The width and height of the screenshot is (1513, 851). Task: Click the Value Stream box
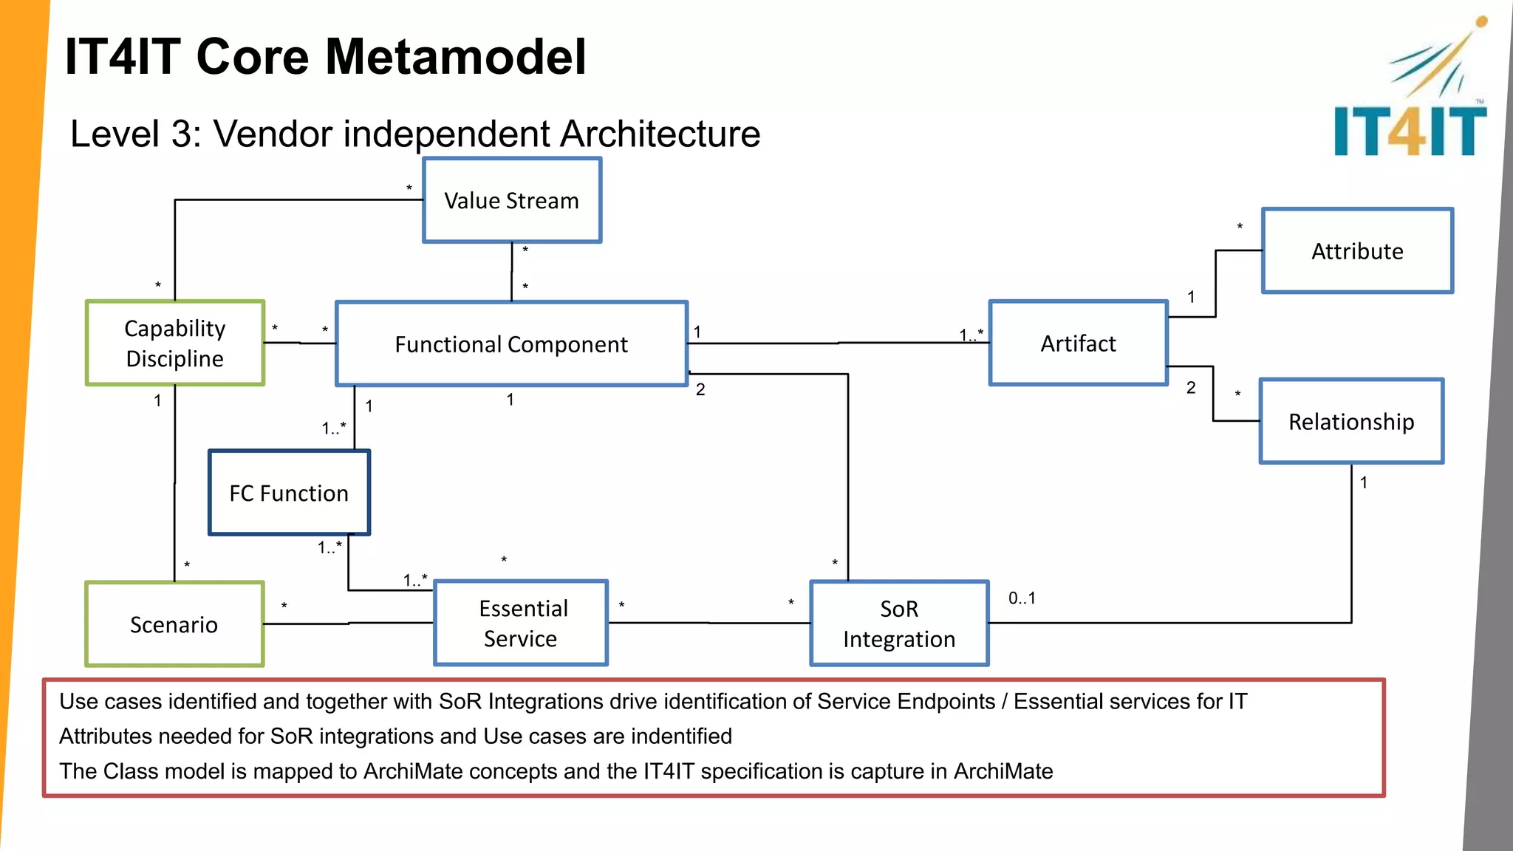(512, 200)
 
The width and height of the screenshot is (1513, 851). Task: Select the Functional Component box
(511, 344)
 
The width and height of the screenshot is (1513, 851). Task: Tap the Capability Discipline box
(175, 343)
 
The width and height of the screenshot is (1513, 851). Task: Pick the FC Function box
(289, 493)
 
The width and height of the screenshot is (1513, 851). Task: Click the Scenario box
(174, 624)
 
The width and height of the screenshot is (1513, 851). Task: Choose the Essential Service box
(521, 623)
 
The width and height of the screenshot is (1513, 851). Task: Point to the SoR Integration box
(899, 623)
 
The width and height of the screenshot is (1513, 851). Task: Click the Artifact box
(1078, 343)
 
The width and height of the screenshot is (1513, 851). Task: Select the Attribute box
(1357, 251)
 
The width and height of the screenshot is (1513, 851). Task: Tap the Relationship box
(1351, 421)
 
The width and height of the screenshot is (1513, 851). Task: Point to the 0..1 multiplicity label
(1022, 598)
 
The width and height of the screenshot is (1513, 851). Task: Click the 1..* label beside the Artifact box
(971, 335)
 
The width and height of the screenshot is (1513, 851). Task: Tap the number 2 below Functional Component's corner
(700, 389)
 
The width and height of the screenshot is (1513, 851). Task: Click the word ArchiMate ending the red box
(1003, 771)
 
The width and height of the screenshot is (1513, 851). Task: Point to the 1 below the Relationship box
(1364, 482)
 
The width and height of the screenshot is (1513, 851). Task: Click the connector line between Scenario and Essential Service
(347, 623)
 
